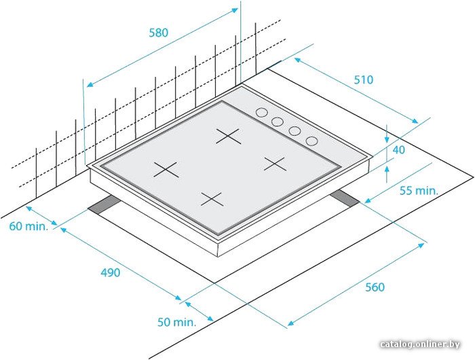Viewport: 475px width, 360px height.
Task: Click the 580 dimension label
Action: [158, 33]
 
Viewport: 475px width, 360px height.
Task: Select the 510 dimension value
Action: [364, 79]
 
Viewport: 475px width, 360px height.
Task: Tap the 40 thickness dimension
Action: [399, 149]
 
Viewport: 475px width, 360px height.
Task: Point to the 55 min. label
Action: [419, 190]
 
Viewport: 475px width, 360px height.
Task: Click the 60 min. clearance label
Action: [28, 226]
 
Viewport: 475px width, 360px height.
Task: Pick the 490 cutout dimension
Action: [110, 272]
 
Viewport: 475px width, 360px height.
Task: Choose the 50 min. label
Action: [176, 322]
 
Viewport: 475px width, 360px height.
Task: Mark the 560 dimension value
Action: [375, 287]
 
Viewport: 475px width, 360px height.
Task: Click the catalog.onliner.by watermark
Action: [420, 344]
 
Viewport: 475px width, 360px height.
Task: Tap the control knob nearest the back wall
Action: [261, 113]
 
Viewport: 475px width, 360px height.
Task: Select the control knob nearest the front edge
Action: [311, 141]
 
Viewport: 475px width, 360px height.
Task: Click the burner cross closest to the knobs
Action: [229, 136]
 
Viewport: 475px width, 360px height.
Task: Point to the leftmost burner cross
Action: [166, 170]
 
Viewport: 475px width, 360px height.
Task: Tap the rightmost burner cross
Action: [274, 164]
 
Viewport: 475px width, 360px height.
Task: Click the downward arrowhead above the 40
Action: [387, 139]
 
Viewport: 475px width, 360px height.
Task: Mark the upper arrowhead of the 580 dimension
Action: [235, 10]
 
